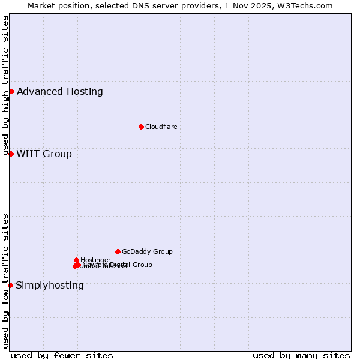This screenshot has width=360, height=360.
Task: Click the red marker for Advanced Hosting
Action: click(x=11, y=91)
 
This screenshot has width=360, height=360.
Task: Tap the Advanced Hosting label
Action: click(x=59, y=92)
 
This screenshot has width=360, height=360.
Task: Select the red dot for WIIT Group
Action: click(x=11, y=154)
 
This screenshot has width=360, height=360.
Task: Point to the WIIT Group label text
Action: click(x=44, y=154)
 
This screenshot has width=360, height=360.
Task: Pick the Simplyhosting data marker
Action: click(x=10, y=285)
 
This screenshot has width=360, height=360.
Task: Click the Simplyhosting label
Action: click(x=50, y=285)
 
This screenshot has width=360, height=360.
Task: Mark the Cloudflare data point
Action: click(x=141, y=127)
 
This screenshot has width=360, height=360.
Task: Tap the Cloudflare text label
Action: click(x=161, y=127)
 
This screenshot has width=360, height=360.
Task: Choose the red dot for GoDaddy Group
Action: click(x=118, y=251)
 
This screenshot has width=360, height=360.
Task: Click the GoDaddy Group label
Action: click(x=147, y=251)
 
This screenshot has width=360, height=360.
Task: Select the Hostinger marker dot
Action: click(x=76, y=260)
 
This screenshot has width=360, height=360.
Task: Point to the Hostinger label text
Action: click(x=95, y=260)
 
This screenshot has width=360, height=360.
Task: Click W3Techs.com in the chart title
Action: click(x=306, y=5)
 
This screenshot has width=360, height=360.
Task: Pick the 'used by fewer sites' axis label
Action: click(x=62, y=355)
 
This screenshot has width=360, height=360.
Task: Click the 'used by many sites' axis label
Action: click(x=301, y=355)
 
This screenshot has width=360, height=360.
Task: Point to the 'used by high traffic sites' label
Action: click(x=5, y=86)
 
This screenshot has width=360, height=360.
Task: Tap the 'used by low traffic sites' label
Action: click(x=5, y=281)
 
